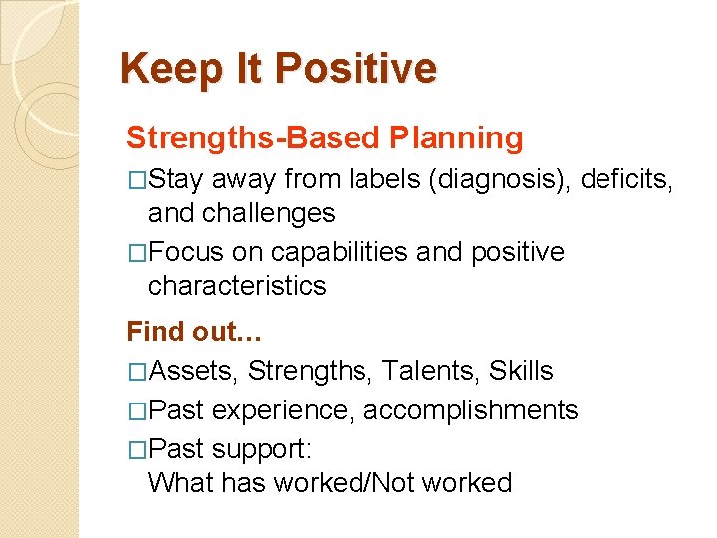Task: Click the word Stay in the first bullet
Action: (x=179, y=180)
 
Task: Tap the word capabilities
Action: (x=329, y=253)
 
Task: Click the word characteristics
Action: (x=237, y=286)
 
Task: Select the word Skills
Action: (x=521, y=372)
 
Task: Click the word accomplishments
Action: (x=469, y=410)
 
